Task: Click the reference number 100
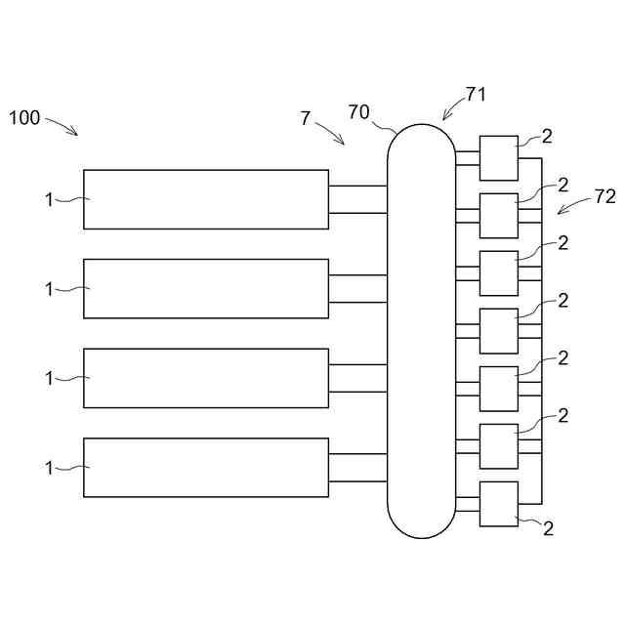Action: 24,118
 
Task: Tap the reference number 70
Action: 358,111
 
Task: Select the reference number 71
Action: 476,95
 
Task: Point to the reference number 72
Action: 604,196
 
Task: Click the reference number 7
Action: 306,118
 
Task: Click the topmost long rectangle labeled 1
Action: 205,199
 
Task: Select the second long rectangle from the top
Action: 205,289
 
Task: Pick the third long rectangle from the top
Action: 205,378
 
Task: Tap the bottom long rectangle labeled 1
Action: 205,468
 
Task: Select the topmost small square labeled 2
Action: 498,158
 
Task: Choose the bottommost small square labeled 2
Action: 498,504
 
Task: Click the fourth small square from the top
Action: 498,331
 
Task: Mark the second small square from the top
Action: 498,216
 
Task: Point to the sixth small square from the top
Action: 498,446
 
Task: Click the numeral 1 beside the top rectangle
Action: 49,199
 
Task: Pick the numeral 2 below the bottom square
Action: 548,528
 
